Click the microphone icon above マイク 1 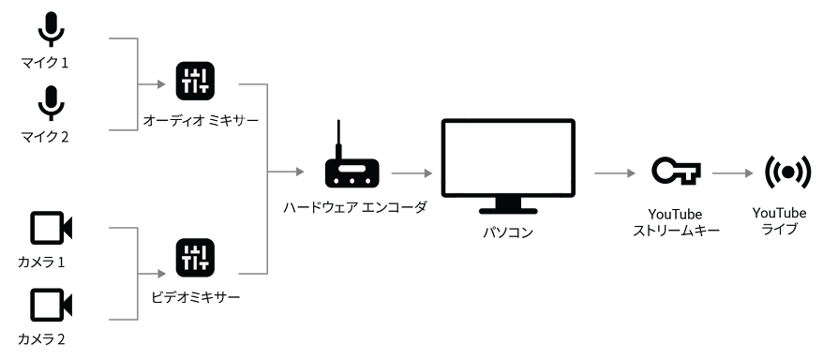tap(52, 28)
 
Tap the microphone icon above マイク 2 tap(52, 102)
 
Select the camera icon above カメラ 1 tap(51, 228)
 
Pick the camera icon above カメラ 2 tap(51, 305)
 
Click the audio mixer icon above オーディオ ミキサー tap(195, 81)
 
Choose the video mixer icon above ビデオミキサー tap(195, 258)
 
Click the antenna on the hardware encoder tap(337, 140)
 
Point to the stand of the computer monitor tap(508, 206)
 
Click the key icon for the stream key tap(676, 172)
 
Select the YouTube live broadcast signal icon tap(787, 172)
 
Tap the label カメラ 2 tap(41, 338)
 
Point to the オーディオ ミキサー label tap(201, 121)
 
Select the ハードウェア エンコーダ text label tap(355, 207)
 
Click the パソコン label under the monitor tap(508, 232)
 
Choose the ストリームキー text tap(676, 231)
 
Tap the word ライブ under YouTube tap(780, 229)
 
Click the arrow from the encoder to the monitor tap(412, 173)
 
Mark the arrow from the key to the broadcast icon tap(733, 173)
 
